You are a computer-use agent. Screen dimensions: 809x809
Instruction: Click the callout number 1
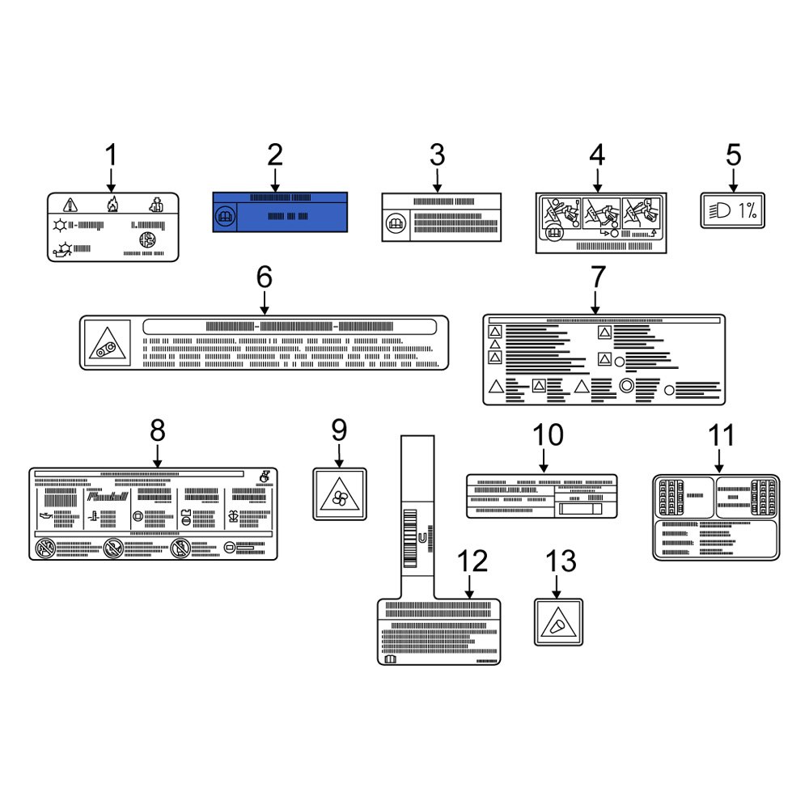click(112, 155)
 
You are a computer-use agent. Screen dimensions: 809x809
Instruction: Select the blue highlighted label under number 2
click(280, 212)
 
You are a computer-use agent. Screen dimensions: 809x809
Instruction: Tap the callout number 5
click(733, 155)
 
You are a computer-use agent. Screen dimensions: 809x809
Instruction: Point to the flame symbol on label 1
click(112, 205)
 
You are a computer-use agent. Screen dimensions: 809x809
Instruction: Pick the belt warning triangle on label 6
click(103, 344)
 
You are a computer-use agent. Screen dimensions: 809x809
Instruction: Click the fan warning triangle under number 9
click(339, 494)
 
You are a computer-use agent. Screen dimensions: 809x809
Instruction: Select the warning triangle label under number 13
click(558, 621)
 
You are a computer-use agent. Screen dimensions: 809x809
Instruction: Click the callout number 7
click(596, 277)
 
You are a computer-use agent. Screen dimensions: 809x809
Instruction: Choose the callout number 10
click(548, 435)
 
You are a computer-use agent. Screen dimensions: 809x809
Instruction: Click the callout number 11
click(722, 435)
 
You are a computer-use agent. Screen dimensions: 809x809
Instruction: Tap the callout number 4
click(596, 155)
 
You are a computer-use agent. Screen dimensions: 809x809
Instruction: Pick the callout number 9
click(338, 430)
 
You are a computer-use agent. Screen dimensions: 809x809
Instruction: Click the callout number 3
click(437, 155)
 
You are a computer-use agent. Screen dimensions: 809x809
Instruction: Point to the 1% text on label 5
click(748, 212)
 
